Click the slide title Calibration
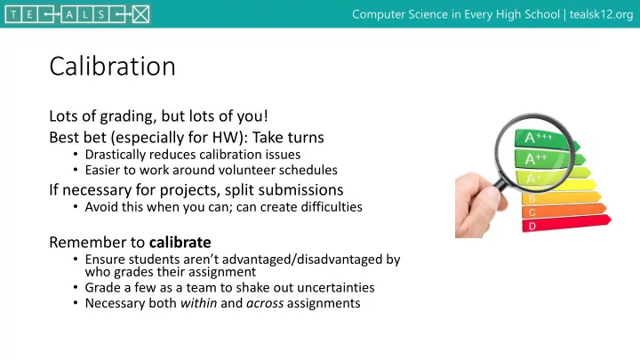(112, 66)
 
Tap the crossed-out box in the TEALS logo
(140, 15)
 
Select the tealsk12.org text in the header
(601, 14)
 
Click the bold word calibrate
(180, 242)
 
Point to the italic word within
(199, 303)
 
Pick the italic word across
(265, 303)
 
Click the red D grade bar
(566, 223)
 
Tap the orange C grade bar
(564, 211)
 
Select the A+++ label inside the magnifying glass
(539, 137)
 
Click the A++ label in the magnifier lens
(536, 158)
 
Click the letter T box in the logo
(13, 15)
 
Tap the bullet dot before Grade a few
(76, 287)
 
